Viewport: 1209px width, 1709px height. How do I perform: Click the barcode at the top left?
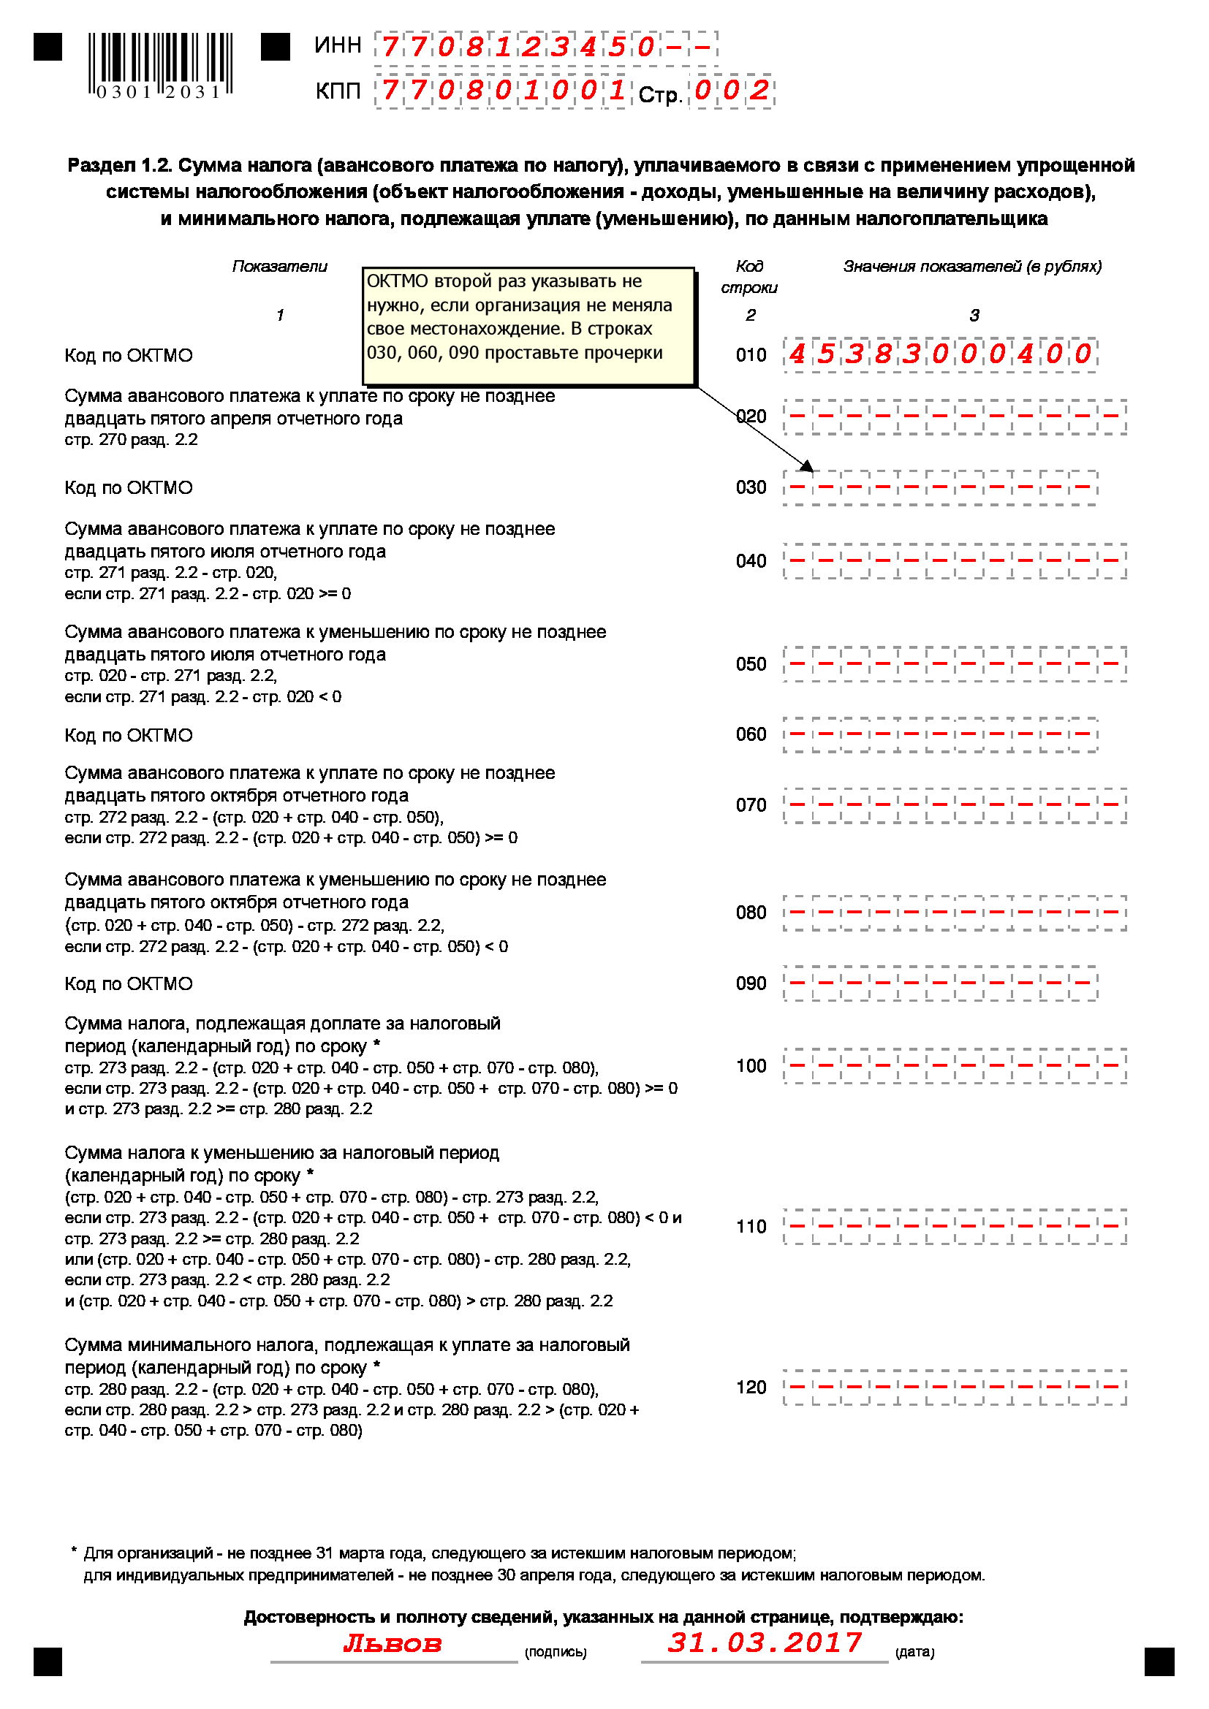(159, 66)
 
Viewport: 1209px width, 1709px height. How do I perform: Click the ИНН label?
(337, 45)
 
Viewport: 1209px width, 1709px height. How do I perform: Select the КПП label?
(337, 91)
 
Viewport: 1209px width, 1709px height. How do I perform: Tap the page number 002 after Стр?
(731, 91)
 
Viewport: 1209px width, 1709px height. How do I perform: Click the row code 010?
(751, 355)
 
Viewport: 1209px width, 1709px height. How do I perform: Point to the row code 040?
(751, 561)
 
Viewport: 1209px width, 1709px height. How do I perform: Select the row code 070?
(751, 805)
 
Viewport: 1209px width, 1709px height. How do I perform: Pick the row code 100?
(751, 1067)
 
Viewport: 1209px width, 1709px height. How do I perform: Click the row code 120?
(751, 1388)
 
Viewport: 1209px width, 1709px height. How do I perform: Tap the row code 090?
(751, 984)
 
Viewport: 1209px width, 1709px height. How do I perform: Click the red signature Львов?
(393, 1643)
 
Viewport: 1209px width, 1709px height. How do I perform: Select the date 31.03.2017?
(764, 1642)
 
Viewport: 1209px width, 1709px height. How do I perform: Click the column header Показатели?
(279, 267)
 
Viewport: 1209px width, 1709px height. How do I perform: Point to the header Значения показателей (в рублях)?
(971, 267)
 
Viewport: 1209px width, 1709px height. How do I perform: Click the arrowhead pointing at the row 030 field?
(807, 466)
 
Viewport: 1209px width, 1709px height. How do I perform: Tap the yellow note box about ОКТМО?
(528, 326)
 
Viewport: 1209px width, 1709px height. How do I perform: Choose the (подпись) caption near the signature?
(556, 1653)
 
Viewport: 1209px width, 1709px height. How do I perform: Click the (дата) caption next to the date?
(914, 1653)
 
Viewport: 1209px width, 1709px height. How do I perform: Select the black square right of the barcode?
(275, 47)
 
